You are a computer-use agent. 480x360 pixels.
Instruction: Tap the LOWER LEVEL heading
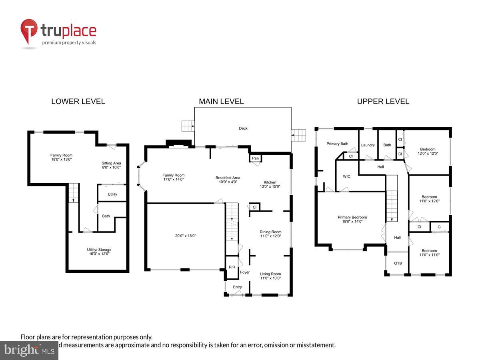[x=78, y=102]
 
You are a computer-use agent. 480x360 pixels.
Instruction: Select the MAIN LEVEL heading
[x=221, y=102]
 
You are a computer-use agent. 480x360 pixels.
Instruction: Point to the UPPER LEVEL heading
[x=383, y=102]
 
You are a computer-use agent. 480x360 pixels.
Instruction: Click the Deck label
[x=243, y=128]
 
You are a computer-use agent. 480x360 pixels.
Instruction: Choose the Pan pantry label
[x=256, y=158]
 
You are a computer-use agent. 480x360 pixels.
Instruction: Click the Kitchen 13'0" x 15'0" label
[x=270, y=184]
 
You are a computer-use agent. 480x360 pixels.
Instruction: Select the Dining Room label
[x=270, y=232]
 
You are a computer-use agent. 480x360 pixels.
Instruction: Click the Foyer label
[x=245, y=272]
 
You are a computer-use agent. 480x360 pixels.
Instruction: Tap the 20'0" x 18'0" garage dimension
[x=185, y=236]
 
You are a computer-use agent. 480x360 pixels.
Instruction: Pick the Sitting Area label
[x=111, y=163]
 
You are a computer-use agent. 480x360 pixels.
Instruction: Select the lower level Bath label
[x=106, y=216]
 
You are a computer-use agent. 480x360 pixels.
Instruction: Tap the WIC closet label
[x=346, y=176]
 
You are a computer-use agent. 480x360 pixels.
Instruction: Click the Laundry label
[x=368, y=145]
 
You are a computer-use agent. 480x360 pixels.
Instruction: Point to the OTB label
[x=398, y=263]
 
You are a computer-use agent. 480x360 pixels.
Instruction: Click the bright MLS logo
[x=29, y=350]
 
